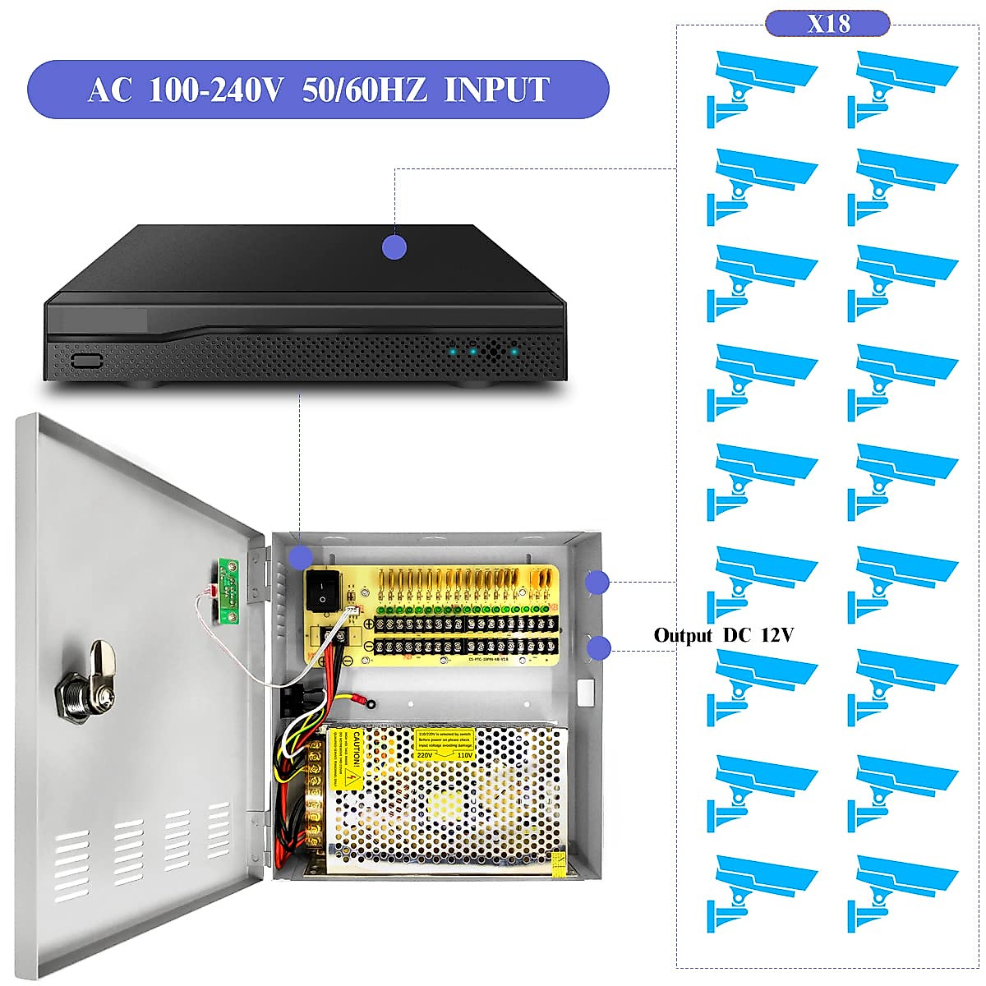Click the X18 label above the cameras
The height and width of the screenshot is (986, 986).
[x=827, y=23]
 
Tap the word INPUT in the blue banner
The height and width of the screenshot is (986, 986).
[x=496, y=90]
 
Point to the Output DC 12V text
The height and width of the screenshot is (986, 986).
[x=723, y=635]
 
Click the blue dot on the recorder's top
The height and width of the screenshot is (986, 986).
[x=394, y=246]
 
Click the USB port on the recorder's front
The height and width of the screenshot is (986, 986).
[x=85, y=360]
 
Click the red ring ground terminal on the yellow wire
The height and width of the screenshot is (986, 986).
[x=362, y=702]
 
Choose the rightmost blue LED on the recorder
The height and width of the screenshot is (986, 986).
[x=514, y=352]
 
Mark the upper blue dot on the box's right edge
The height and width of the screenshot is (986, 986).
[x=597, y=583]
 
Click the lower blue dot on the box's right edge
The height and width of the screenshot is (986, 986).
[x=599, y=647]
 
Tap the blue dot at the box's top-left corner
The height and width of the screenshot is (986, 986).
[x=300, y=556]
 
